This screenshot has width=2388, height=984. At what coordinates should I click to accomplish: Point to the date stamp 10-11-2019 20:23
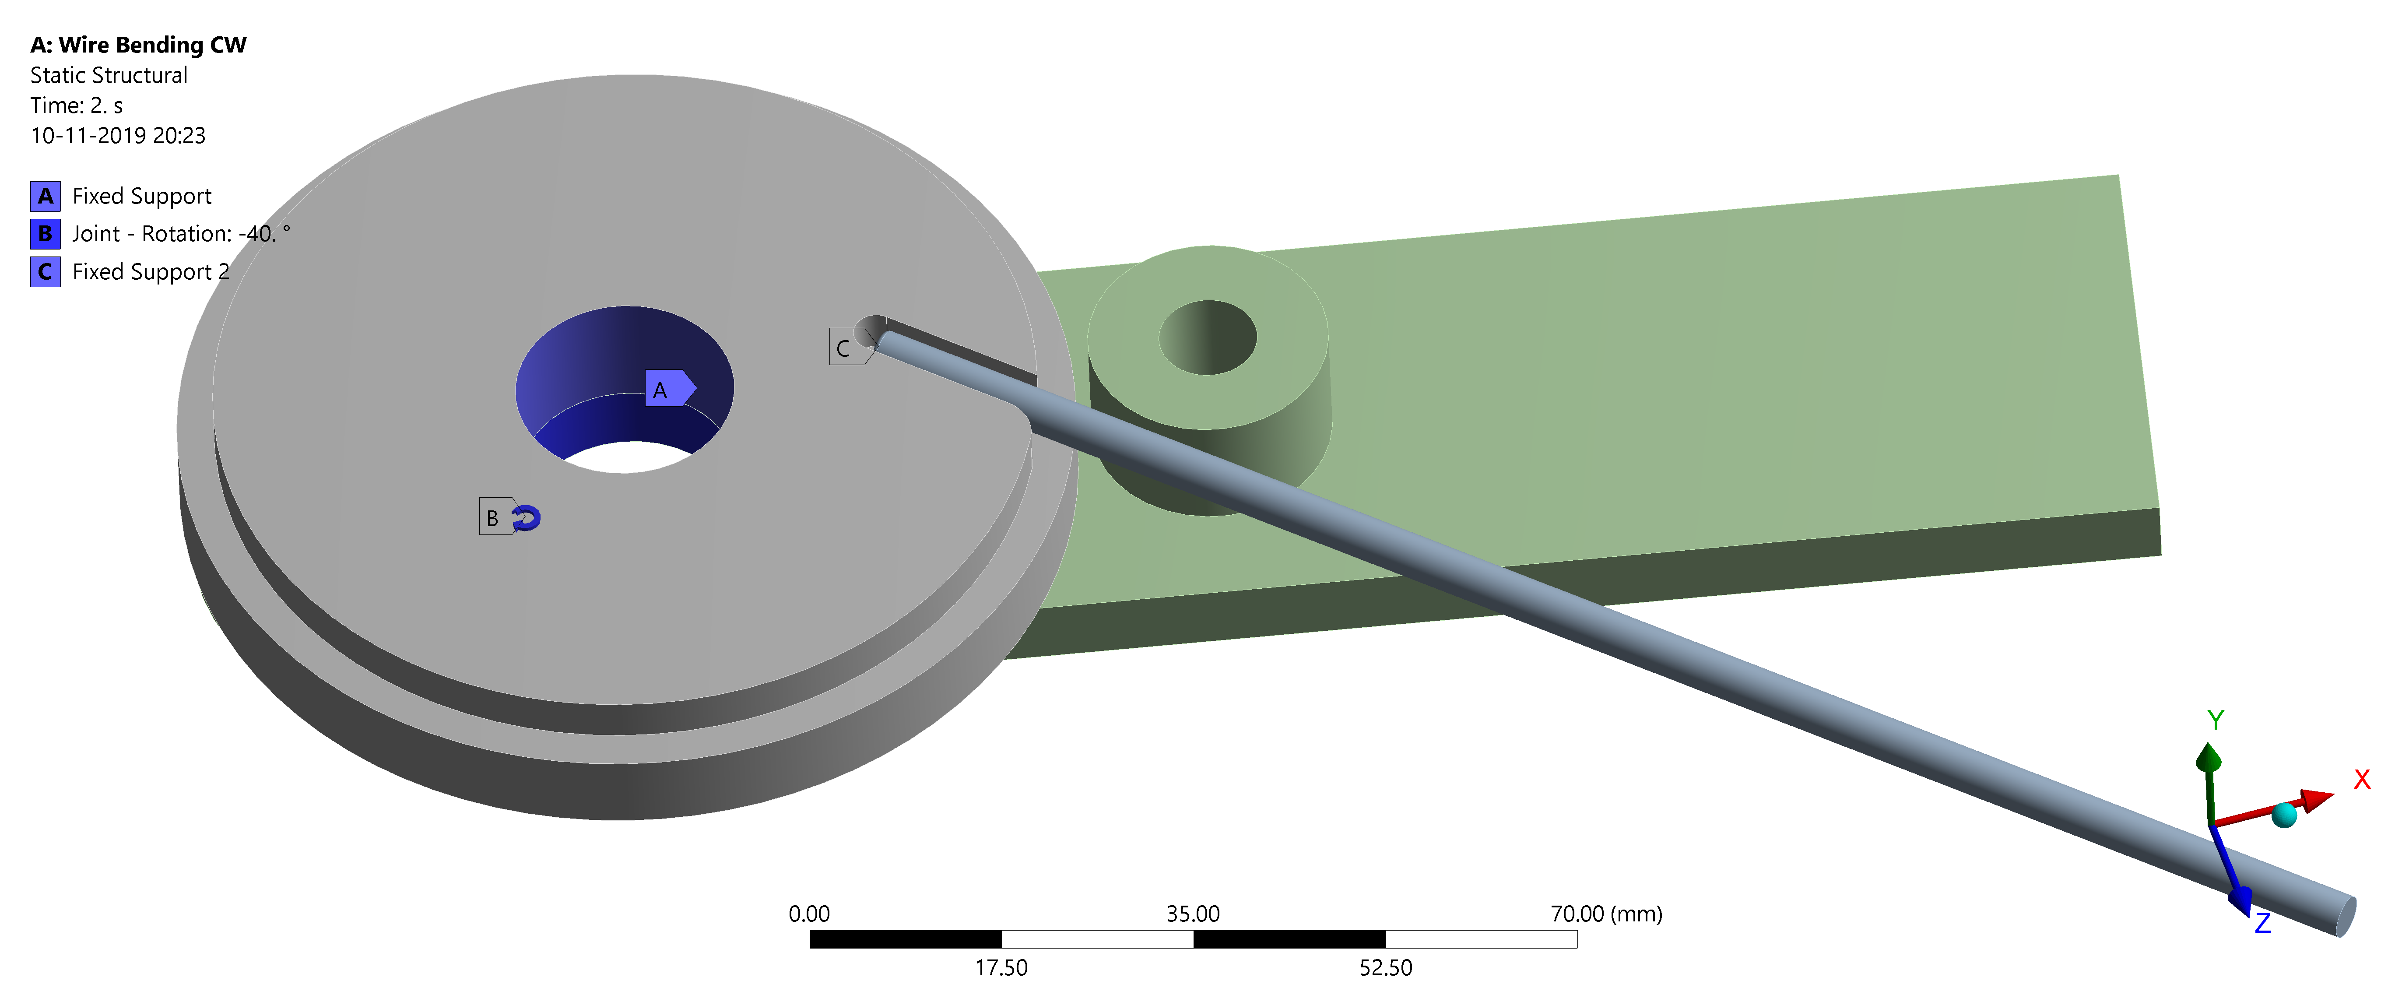(x=118, y=135)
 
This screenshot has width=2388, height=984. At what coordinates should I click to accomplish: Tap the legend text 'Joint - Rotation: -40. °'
(x=181, y=234)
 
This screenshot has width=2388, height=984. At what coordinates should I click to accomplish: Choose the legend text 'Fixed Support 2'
(x=150, y=272)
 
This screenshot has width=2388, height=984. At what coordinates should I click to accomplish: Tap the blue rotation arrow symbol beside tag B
(x=527, y=517)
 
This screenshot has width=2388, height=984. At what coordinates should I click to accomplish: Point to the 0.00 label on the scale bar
(x=808, y=914)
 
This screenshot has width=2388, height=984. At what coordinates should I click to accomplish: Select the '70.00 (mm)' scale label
(x=1605, y=914)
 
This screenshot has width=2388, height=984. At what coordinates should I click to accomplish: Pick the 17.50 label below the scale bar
(x=1001, y=967)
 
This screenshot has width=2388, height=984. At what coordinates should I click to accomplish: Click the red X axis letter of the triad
(x=2361, y=779)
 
